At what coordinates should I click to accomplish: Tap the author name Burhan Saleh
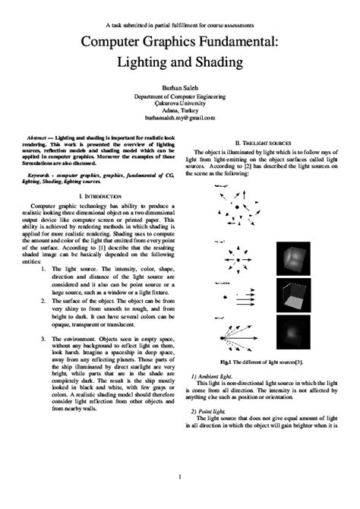click(x=180, y=88)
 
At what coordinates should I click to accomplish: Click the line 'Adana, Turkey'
click(x=180, y=110)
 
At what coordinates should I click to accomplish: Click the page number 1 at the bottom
click(x=179, y=478)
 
